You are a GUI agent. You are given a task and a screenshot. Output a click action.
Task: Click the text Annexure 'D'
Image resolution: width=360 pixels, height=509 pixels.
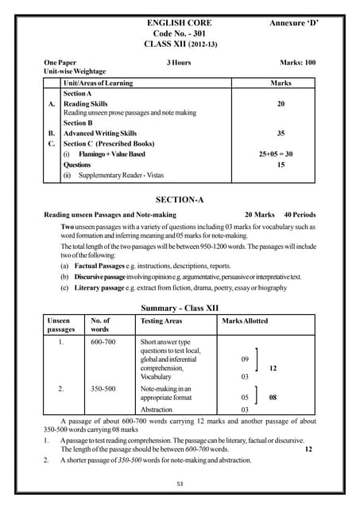point(293,24)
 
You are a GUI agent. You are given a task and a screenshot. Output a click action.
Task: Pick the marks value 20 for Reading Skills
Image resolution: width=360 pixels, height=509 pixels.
point(281,103)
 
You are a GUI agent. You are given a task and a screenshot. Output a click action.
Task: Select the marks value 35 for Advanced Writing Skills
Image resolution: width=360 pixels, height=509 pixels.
point(281,134)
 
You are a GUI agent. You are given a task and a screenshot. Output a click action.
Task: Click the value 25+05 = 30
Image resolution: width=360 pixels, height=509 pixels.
point(281,153)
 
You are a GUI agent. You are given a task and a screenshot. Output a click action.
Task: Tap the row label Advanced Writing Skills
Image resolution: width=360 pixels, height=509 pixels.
point(100,134)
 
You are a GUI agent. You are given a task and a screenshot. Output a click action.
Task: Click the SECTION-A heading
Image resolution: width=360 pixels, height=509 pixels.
point(180,199)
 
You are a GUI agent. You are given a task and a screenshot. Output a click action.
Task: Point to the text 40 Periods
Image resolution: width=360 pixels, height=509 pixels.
point(299,215)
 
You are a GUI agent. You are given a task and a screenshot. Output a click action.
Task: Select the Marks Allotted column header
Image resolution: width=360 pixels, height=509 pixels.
point(245,321)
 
